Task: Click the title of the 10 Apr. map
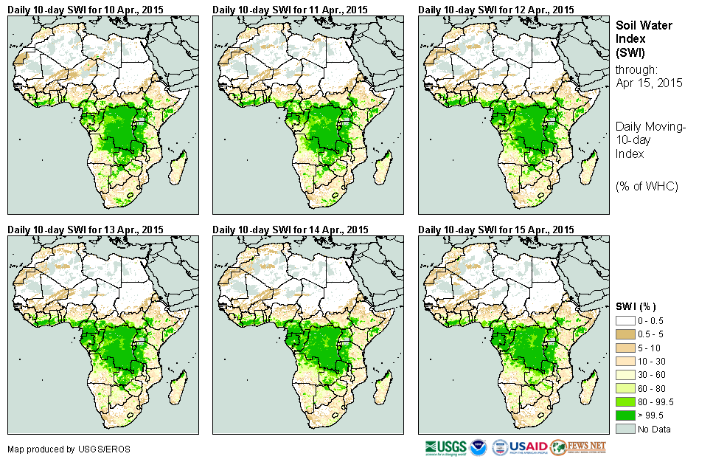pos(86,9)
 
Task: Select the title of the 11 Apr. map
pos(290,9)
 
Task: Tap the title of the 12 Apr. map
pos(495,9)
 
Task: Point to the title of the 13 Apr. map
pos(86,230)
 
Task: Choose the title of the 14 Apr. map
pos(290,230)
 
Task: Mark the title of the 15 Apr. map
pos(495,230)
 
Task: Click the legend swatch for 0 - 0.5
pos(625,321)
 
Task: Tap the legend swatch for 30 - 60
pos(625,375)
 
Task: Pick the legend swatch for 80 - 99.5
pos(625,401)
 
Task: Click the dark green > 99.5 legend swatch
pos(625,416)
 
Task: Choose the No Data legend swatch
pos(625,429)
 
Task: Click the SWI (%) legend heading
pos(636,306)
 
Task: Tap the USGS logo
pos(445,447)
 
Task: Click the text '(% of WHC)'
pos(647,186)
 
